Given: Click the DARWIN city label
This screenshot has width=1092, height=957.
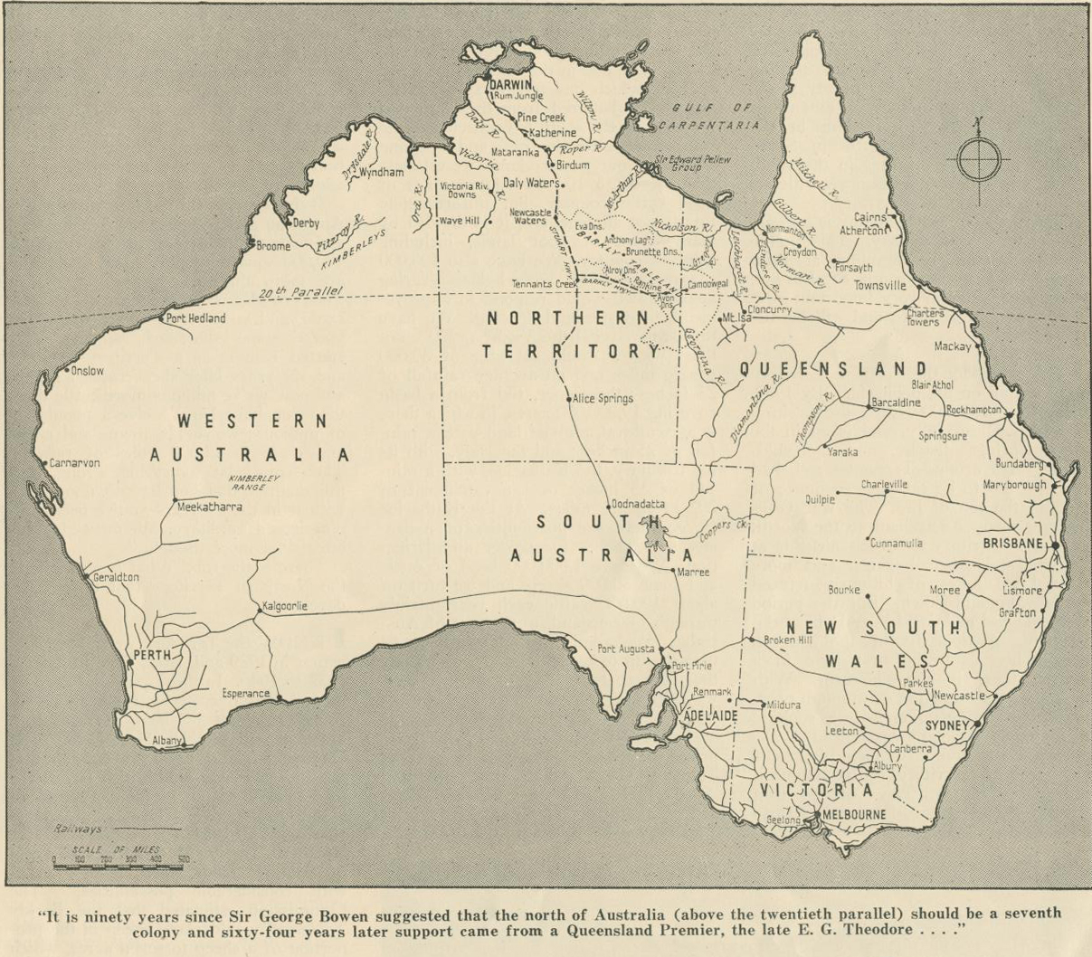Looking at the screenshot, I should click(511, 84).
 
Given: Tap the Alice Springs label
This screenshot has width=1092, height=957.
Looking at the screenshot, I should click(603, 398).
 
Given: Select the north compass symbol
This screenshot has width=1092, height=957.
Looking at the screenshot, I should click(977, 159).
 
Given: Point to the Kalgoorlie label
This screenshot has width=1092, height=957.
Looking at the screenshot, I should click(285, 606).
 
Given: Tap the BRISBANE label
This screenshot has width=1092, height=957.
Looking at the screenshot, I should click(1014, 544).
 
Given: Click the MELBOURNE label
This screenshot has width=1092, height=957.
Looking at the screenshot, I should click(854, 814).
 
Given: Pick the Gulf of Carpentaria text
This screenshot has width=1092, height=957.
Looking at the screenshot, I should click(710, 116).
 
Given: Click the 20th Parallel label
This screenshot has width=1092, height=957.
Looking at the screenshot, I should click(300, 292).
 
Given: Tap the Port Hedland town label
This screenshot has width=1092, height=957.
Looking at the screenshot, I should click(195, 318).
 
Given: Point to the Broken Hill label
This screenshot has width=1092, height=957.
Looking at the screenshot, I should click(787, 640).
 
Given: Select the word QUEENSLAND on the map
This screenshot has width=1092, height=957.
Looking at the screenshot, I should click(833, 368).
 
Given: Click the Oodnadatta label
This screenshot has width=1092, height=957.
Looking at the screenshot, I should click(638, 504).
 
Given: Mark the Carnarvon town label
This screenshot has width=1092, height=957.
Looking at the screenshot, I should click(74, 462).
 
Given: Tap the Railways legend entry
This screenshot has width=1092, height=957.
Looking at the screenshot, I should click(78, 829).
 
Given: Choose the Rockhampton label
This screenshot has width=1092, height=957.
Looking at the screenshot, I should click(973, 409).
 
